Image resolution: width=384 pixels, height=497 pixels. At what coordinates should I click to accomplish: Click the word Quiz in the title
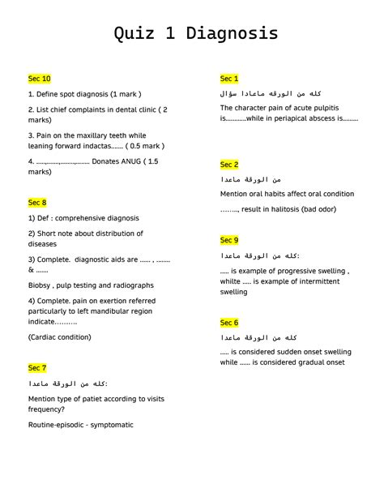tap(135, 34)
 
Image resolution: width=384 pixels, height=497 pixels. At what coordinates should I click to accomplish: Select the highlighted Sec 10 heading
tap(39, 79)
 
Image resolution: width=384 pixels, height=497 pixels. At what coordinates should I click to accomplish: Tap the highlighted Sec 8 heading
tap(37, 203)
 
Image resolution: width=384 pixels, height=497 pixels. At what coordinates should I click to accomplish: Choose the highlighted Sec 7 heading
tap(37, 368)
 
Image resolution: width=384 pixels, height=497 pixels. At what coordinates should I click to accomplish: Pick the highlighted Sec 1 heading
tap(229, 79)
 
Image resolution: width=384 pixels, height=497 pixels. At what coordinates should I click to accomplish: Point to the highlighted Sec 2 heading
tap(229, 165)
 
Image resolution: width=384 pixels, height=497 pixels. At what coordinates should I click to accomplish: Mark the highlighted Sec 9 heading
tap(229, 240)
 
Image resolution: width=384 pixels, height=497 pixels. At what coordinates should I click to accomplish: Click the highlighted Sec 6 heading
tap(229, 323)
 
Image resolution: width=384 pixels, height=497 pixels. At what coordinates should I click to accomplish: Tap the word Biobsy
tap(41, 285)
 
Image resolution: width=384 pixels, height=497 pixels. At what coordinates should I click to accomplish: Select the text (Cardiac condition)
tap(59, 337)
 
